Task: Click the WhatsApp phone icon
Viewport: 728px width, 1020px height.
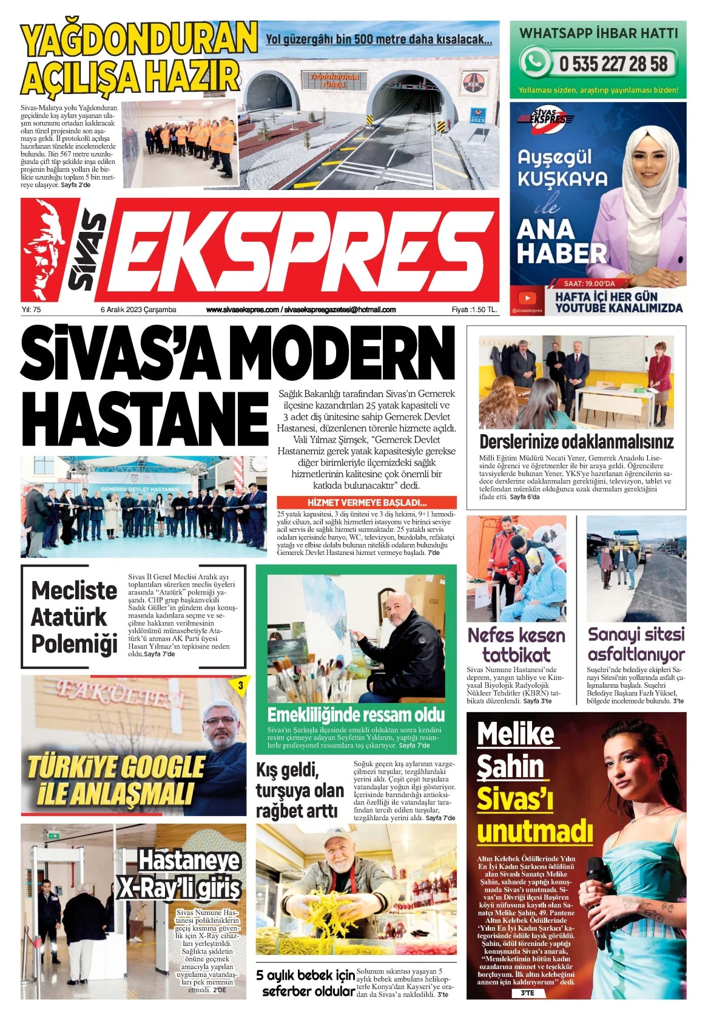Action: tap(534, 62)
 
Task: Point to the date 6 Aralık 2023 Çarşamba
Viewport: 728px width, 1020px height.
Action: tap(138, 310)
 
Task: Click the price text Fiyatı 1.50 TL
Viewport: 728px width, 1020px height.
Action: tap(474, 310)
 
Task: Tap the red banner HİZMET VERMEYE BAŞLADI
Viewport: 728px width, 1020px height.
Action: tap(366, 503)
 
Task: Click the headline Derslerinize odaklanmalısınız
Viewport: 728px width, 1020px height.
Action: tap(576, 441)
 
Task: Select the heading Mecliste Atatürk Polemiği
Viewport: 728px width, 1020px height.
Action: tap(74, 617)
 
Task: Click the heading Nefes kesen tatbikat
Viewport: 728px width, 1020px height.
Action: tap(516, 645)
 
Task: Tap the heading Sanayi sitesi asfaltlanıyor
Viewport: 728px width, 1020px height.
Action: tap(636, 644)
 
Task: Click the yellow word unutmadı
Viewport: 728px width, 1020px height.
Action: tap(534, 830)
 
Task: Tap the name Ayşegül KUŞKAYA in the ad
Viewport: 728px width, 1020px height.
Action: tap(562, 168)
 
